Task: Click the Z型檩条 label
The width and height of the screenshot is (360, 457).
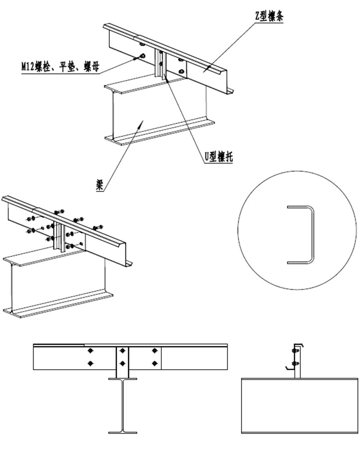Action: point(269,17)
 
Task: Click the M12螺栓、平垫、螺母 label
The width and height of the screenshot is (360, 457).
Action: point(60,67)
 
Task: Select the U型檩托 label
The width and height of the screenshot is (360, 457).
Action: point(218,157)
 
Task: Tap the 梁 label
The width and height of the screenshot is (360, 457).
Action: point(100,185)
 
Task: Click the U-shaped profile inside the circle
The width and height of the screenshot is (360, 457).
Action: point(301,235)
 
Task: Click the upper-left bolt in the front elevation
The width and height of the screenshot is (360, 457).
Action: point(91,350)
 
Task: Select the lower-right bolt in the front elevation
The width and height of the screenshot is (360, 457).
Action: point(155,363)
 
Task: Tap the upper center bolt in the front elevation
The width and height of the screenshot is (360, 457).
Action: point(123,350)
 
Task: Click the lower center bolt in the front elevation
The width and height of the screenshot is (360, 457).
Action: point(123,363)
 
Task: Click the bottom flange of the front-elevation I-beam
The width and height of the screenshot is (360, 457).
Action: point(123,433)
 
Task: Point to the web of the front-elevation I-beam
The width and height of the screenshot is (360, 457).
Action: point(123,406)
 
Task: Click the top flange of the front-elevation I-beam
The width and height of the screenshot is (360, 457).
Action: point(123,379)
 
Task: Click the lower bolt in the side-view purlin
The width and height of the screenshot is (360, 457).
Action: point(294,364)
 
